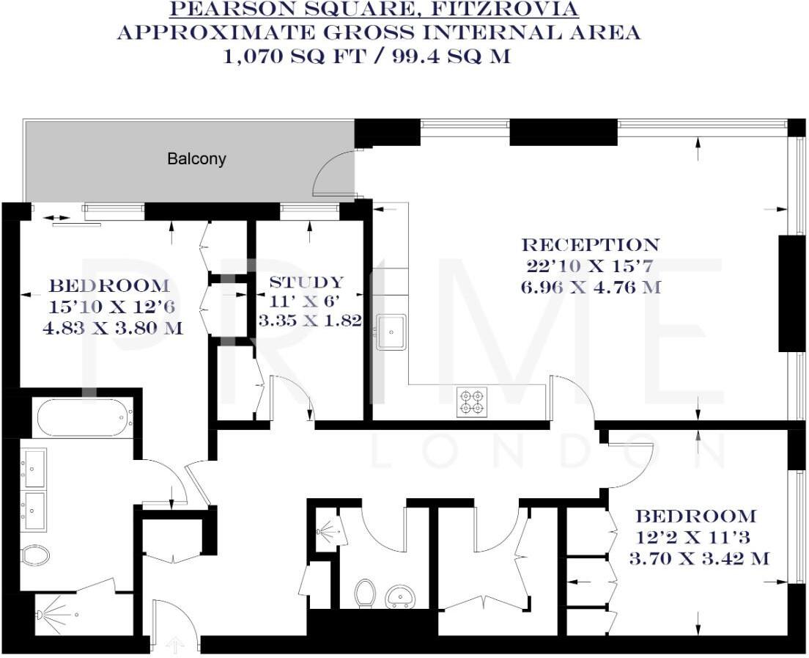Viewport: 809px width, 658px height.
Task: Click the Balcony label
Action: pos(196,158)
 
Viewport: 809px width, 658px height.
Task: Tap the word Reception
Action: pos(590,245)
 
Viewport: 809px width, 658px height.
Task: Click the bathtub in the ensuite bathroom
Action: pos(84,417)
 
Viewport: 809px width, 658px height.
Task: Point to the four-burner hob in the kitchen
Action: pos(471,403)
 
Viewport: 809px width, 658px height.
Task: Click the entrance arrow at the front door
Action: pos(174,646)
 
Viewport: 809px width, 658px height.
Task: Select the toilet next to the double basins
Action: pos(35,555)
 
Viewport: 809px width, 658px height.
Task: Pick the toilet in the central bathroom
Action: pos(364,593)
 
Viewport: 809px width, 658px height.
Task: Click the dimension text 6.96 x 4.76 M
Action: pos(591,287)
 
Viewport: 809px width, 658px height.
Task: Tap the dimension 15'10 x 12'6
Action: pos(108,307)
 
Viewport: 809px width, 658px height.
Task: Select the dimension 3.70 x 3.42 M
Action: pos(699,559)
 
